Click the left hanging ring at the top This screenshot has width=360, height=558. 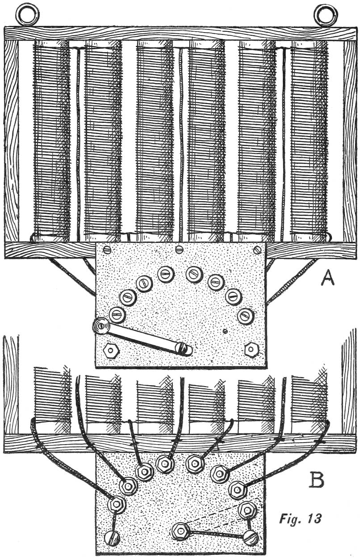coord(24,15)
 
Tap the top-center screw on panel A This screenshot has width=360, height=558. coord(180,249)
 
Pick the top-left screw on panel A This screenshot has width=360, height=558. coord(107,249)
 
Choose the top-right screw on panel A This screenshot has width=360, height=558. coord(256,249)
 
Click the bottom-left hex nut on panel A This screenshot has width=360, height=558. coord(110,350)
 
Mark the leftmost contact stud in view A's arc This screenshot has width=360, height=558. coord(117,314)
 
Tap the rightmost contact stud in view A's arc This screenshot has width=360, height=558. coord(245,316)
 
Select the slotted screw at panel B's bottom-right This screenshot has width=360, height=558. coord(251,537)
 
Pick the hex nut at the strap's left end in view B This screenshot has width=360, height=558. coord(181,531)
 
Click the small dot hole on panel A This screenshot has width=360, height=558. coord(226,331)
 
